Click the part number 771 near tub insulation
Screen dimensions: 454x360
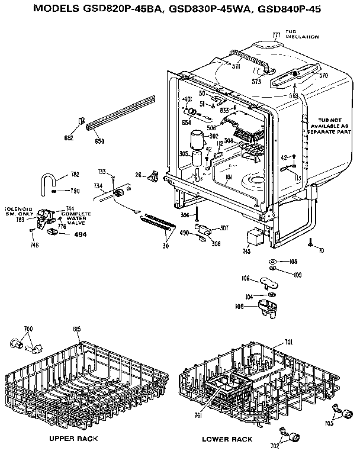[x=276, y=36]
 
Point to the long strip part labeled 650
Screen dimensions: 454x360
[x=121, y=112]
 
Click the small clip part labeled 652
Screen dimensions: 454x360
[x=79, y=123]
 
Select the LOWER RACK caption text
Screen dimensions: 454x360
[x=227, y=439]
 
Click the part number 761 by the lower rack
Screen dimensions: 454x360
[x=199, y=416]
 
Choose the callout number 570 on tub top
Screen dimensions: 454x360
[x=323, y=75]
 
